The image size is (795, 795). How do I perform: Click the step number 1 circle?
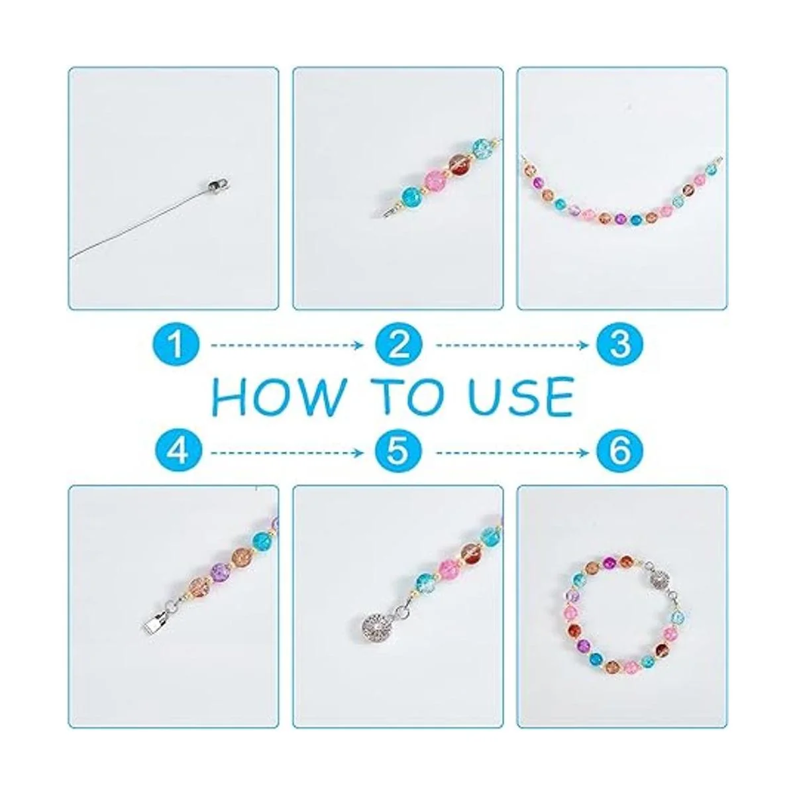pos(176,344)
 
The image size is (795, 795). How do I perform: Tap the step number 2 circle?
pos(399,344)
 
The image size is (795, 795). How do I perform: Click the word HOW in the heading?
pos(277,397)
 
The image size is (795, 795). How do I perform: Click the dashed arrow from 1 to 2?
pos(287,344)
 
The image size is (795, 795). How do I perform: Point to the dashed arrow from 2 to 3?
pos(512,344)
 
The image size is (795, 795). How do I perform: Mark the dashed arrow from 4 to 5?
pos(287,452)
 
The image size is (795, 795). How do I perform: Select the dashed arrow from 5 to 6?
pos(512,452)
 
